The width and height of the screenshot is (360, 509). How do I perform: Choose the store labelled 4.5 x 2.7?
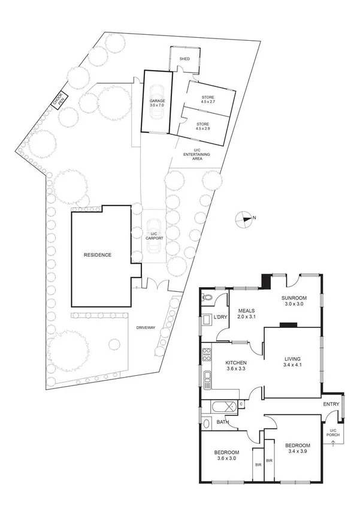tap(207, 100)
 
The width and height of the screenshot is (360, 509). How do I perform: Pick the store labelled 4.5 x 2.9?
tap(202, 126)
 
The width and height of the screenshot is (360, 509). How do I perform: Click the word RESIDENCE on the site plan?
tap(97, 255)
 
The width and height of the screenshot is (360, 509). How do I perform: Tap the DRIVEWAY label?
tap(146, 327)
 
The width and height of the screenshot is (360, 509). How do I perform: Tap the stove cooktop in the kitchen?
tap(207, 354)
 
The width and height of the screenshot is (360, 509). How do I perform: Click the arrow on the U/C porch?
tap(331, 443)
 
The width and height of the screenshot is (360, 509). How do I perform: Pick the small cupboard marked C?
tap(240, 403)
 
